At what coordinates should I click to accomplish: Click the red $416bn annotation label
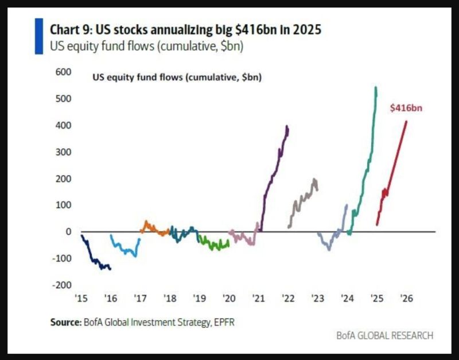coord(406,107)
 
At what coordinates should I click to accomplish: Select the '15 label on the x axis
coord(80,299)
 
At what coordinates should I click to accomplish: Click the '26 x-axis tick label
coord(406,299)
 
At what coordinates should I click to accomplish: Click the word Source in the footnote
coord(64,323)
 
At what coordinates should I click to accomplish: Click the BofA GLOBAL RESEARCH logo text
coord(384,335)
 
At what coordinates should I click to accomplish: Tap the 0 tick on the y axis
coord(67,231)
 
